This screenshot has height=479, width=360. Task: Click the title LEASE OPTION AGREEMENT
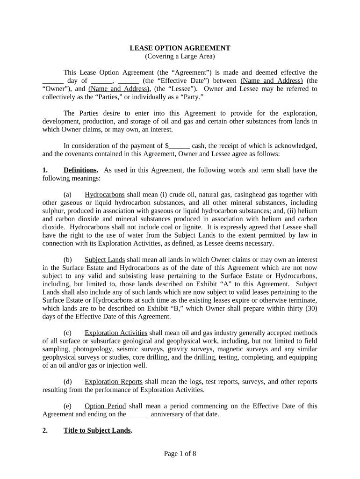[x=180, y=48]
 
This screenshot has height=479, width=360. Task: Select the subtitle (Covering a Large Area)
[x=180, y=56]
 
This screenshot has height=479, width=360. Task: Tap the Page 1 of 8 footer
[x=180, y=453]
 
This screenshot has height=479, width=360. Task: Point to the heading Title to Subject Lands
[x=97, y=430]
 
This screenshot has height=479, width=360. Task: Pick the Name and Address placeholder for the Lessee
[x=119, y=88]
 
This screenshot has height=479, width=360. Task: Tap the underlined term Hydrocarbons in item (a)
[x=105, y=195]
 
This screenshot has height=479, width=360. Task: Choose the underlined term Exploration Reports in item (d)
[x=114, y=382]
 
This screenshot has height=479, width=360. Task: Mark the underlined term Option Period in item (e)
[x=105, y=406]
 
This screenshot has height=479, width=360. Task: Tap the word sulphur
[x=54, y=211]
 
